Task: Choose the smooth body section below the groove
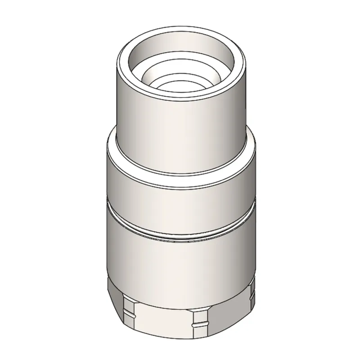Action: pyautogui.click(x=180, y=261)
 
